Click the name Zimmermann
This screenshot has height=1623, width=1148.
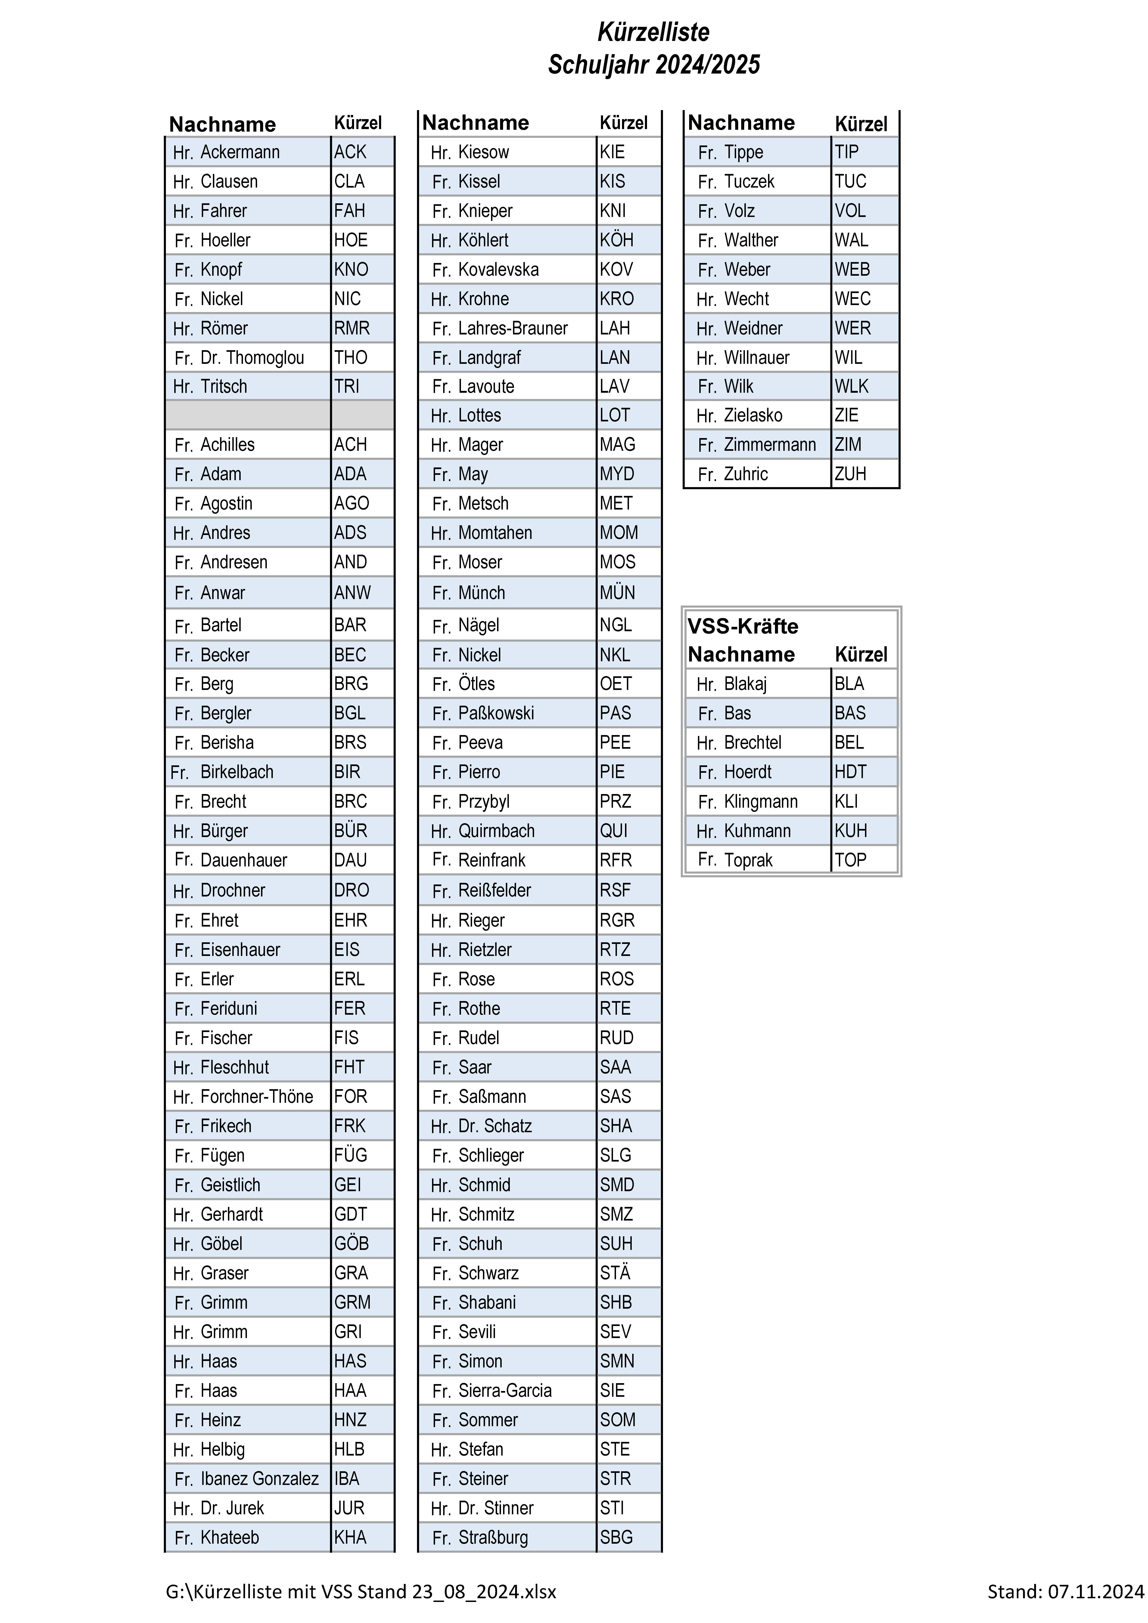point(770,445)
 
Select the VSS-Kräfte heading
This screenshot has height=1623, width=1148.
point(743,626)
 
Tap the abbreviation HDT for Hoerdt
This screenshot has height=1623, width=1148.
point(850,772)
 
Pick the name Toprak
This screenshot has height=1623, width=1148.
point(748,860)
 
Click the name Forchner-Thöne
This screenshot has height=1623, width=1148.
point(257,1096)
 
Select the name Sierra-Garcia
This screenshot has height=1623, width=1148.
point(505,1391)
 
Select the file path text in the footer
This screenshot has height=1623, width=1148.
point(361,1591)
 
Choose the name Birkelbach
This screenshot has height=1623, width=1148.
point(237,772)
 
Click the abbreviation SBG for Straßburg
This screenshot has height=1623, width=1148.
point(616,1537)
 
